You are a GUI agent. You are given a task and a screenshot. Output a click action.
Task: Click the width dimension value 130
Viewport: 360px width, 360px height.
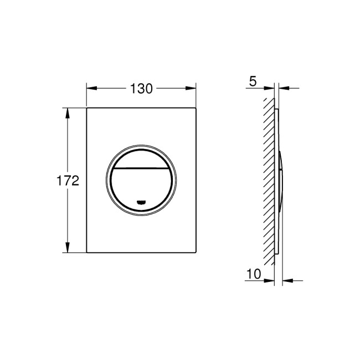(x=141, y=88)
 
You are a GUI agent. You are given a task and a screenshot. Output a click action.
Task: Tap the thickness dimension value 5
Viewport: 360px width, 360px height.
(x=253, y=81)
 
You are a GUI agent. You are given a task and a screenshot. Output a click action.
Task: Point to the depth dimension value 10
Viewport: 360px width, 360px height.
(x=254, y=273)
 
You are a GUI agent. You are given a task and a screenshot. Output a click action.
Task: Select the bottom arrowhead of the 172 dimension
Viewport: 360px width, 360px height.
(x=69, y=249)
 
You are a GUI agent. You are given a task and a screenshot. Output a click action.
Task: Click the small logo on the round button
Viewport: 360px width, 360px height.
(x=141, y=202)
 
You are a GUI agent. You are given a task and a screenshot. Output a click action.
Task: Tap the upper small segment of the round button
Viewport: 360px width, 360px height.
(x=141, y=158)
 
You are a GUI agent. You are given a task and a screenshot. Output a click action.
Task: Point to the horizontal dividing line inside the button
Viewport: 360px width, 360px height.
(x=141, y=167)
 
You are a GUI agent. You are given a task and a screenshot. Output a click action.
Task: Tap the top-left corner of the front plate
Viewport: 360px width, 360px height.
(x=87, y=107)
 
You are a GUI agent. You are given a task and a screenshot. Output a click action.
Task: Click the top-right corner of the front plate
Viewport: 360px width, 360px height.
(x=196, y=107)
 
